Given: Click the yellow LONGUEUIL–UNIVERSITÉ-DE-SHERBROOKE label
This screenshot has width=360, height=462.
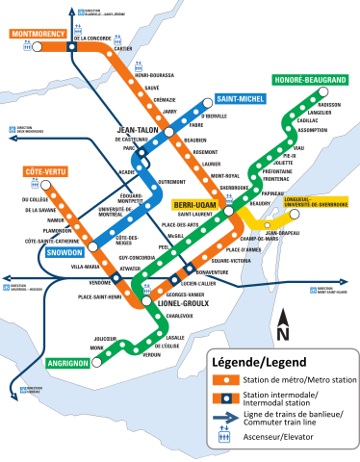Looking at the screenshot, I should click(307, 203).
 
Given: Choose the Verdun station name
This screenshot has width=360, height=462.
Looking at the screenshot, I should click(152, 355).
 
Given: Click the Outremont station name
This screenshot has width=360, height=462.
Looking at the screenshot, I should click(170, 181).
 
